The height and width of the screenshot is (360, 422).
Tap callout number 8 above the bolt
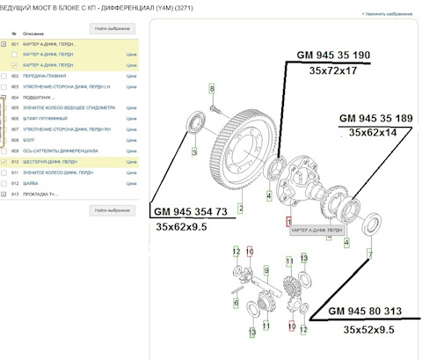pos(212,88)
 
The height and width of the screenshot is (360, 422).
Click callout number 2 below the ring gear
pos(241,209)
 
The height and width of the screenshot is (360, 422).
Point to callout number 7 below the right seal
pos(370,254)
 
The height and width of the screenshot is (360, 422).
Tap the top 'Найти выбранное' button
pos(113,29)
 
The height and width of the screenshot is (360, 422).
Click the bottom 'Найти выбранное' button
pos(113,211)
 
